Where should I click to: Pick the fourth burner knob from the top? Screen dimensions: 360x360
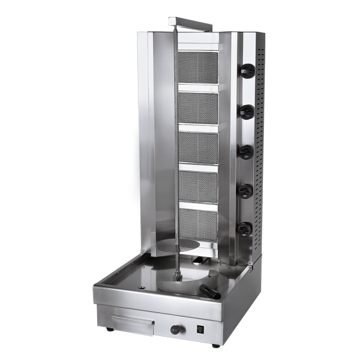tap(245, 190)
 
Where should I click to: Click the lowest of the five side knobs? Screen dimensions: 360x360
tap(245, 229)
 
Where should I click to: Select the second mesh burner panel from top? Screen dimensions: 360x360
tap(198, 108)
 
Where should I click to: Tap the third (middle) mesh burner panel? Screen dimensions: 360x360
tap(198, 147)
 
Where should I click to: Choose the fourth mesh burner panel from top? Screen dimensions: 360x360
tap(198, 187)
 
